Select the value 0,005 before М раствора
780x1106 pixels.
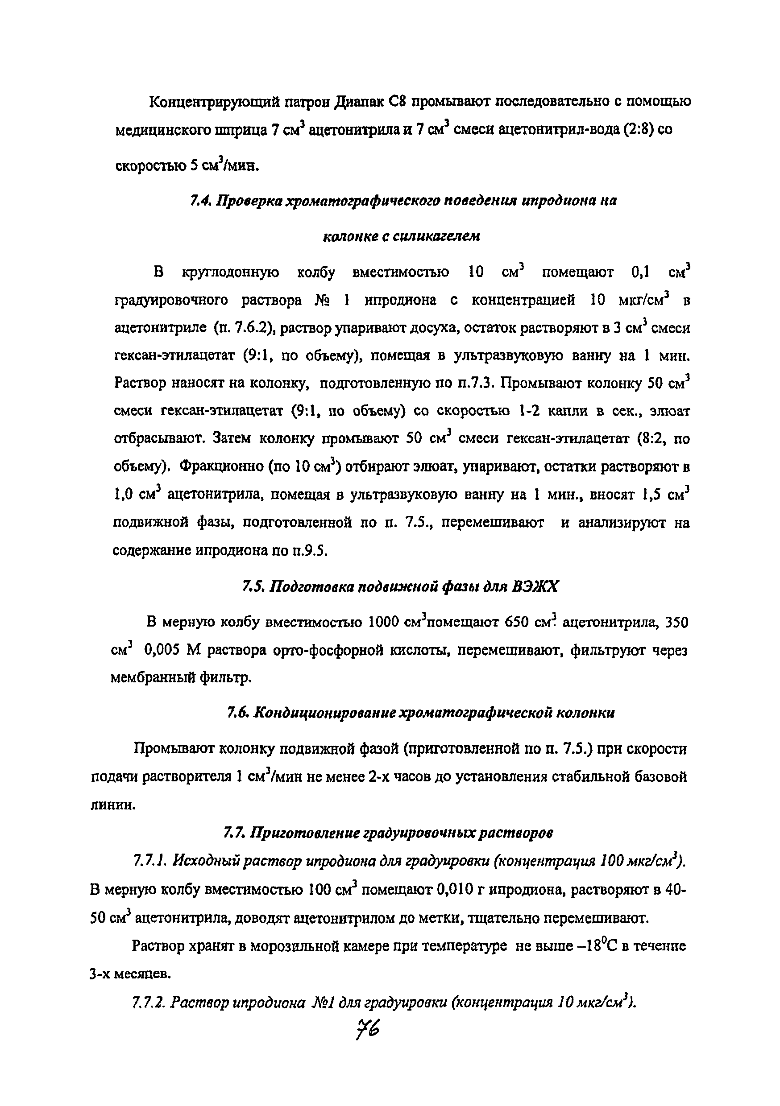pos(161,651)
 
